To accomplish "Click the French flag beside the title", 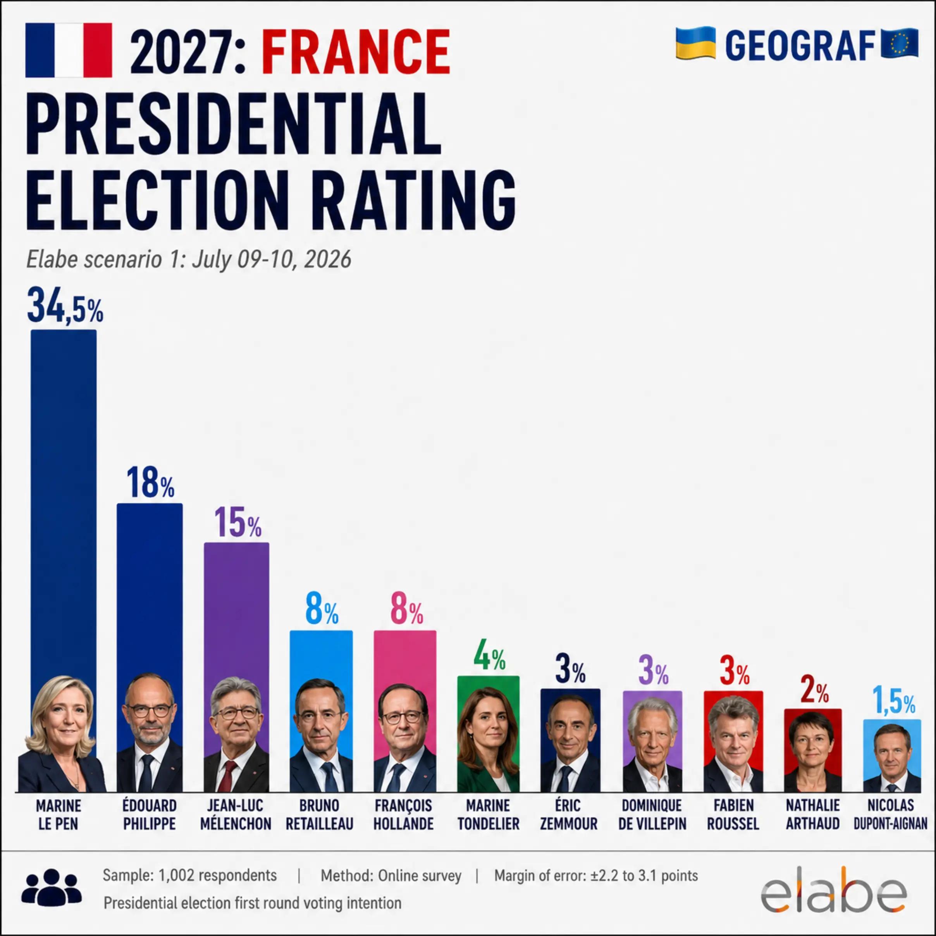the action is click(69, 50).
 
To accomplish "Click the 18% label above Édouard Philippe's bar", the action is click(150, 483).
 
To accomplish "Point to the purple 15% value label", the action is click(237, 522).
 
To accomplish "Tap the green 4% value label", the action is click(489, 655).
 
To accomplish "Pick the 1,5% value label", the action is click(894, 700).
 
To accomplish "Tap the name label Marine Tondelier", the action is click(489, 814).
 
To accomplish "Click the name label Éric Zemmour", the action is click(569, 814).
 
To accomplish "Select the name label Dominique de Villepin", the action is click(652, 814).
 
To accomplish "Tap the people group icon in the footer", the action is click(52, 888).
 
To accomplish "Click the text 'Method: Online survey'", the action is click(391, 876).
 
